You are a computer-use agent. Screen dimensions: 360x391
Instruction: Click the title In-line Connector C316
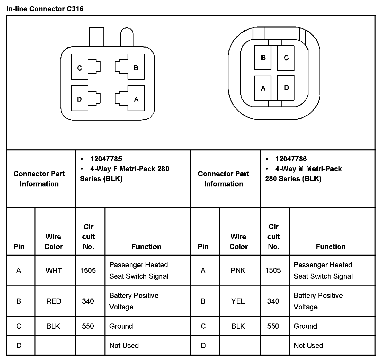[45, 9]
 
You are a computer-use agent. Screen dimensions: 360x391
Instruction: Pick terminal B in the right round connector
[263, 58]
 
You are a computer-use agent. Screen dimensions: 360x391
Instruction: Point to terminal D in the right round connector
[286, 88]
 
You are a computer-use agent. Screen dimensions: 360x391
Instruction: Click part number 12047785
[106, 159]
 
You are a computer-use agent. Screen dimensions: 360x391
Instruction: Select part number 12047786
[291, 159]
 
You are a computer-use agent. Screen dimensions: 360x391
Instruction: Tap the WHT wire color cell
[54, 271]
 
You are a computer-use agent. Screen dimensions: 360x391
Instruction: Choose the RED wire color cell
[54, 301]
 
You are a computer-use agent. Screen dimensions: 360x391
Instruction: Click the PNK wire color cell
[238, 271]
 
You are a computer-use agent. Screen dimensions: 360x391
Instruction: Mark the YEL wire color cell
[238, 301]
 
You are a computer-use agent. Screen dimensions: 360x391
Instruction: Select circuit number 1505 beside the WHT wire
[88, 271]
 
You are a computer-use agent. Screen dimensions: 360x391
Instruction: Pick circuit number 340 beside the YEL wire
[273, 301]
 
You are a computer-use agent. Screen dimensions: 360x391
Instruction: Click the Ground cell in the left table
[121, 326]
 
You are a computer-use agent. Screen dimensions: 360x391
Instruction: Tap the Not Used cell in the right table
[308, 346]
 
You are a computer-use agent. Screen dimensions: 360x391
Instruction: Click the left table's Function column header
[146, 247]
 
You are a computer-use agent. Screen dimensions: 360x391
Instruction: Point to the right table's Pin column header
[203, 247]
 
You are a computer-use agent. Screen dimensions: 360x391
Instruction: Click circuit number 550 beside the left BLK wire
[88, 326]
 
